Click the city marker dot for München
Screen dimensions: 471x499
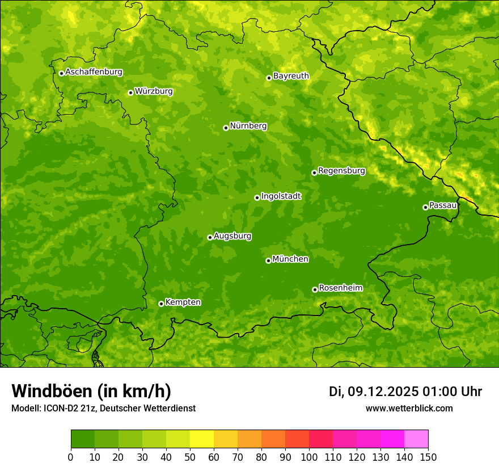point(268,260)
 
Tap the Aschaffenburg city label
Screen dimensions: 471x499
point(94,72)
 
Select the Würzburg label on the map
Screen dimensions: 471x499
point(154,91)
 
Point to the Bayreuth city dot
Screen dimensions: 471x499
point(269,78)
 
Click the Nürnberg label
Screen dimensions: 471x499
point(248,126)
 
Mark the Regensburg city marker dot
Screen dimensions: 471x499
point(314,173)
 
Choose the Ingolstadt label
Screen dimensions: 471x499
point(281,196)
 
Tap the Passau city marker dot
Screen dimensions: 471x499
point(425,207)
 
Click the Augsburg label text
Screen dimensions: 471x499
point(232,236)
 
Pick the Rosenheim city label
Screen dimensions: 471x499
point(341,288)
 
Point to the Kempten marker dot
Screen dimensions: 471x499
point(161,304)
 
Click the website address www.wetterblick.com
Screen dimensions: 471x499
point(409,409)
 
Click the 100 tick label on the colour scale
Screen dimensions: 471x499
point(309,457)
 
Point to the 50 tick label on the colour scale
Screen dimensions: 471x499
point(190,457)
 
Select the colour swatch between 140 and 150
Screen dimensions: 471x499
point(416,439)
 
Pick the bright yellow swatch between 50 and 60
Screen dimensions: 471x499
point(202,439)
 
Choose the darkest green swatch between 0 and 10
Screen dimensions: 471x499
point(83,439)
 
